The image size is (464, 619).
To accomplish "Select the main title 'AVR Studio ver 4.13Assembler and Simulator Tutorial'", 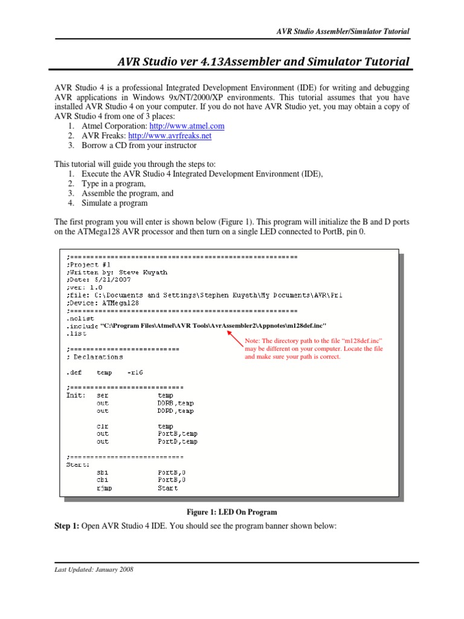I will point(263,62).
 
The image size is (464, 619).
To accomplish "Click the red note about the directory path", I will point(314,349).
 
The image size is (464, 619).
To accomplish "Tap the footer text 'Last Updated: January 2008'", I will point(94,569).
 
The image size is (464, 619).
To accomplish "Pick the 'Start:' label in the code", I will point(78,465).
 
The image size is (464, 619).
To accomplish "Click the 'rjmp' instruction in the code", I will point(104,488).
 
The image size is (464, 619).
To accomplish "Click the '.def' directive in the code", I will point(74,372).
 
